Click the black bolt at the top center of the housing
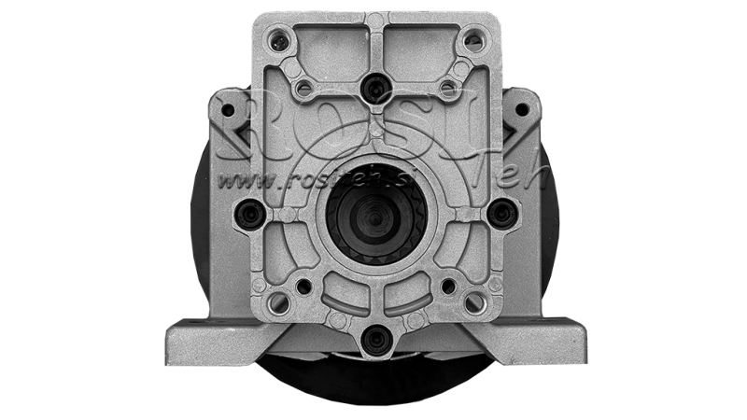tap(375, 89)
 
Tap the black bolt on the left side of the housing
tap(249, 214)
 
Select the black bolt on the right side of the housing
tap(501, 214)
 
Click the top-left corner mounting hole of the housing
tap(277, 40)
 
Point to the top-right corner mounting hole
tap(474, 40)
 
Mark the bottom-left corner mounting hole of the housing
tap(277, 302)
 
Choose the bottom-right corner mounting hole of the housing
tap(474, 302)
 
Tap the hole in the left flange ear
tap(228, 110)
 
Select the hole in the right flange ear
tap(522, 110)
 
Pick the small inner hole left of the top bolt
tap(303, 89)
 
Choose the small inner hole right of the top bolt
tap(447, 89)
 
